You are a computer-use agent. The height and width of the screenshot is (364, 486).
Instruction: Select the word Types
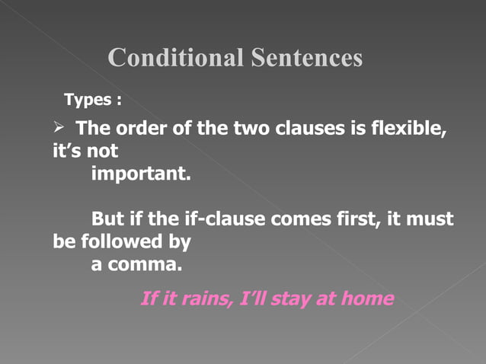88,100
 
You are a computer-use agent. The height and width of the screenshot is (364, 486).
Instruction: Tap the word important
141,174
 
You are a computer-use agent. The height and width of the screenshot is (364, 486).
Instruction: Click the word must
432,220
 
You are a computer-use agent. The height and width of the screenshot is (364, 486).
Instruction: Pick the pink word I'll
251,299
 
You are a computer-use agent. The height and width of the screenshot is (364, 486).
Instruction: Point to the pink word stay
294,299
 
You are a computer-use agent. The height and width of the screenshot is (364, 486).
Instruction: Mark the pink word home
368,299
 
